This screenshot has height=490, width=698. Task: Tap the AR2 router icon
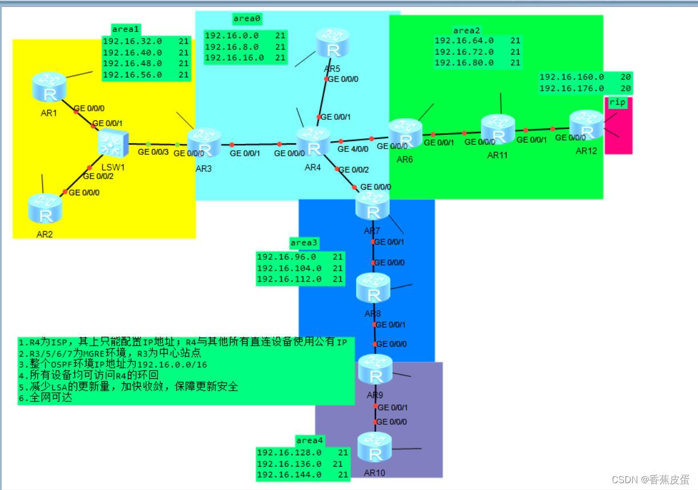[45, 209]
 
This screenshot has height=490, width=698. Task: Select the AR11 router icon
[498, 130]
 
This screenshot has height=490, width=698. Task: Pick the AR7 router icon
[372, 206]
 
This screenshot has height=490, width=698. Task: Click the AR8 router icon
[373, 288]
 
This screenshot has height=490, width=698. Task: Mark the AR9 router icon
[375, 369]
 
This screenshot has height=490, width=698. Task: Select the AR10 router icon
[375, 447]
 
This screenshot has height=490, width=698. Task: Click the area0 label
[247, 19]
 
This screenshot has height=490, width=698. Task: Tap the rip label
[617, 102]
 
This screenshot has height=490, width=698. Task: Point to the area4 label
[309, 440]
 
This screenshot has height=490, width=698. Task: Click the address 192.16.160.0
[571, 77]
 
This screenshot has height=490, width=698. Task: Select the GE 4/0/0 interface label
[352, 149]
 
